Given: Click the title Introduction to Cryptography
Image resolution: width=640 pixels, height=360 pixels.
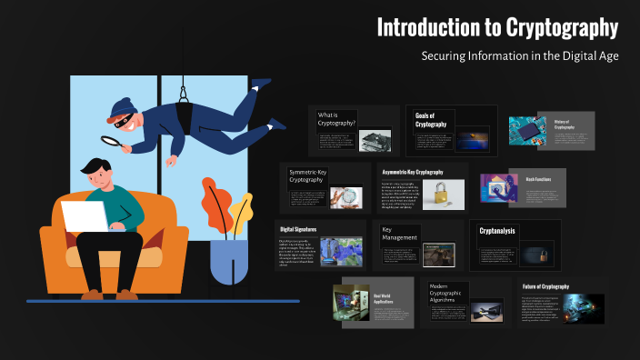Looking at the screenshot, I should (497, 28).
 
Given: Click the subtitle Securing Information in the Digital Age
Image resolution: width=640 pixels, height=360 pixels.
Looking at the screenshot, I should (519, 56).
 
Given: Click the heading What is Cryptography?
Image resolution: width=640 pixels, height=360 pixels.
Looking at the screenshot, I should (336, 118).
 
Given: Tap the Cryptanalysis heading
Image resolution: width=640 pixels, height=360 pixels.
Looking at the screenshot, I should (497, 231).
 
